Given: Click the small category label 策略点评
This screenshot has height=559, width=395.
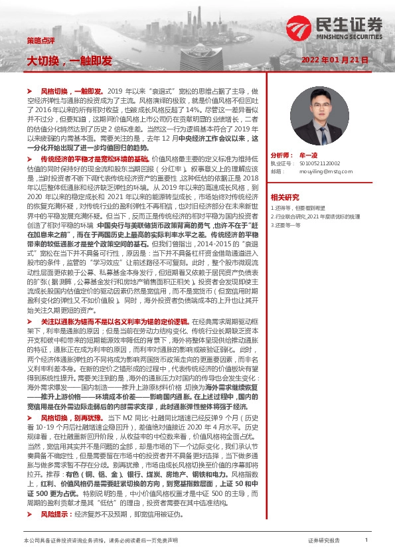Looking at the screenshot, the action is click(37, 40).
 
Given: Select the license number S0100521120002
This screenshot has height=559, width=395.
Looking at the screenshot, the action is click(315, 163).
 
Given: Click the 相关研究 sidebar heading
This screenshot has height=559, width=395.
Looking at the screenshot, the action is click(285, 197).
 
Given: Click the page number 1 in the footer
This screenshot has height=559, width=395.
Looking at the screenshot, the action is click(366, 540).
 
